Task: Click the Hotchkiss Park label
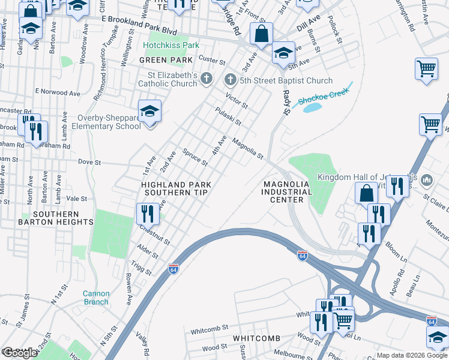click(x=174, y=45)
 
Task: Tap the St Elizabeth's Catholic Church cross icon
click(x=206, y=78)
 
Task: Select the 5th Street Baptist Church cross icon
click(x=230, y=80)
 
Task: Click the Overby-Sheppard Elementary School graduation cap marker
click(x=149, y=112)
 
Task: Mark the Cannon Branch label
click(x=96, y=298)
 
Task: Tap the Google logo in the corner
click(x=19, y=353)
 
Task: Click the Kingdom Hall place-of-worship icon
click(x=427, y=179)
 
